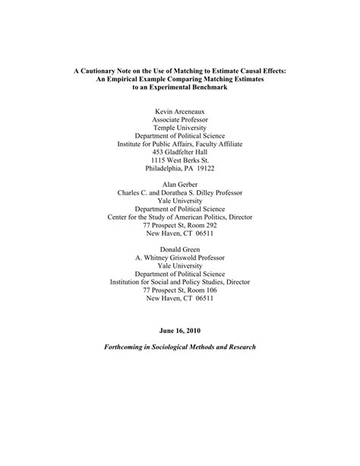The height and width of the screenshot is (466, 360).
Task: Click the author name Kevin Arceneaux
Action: coord(180,110)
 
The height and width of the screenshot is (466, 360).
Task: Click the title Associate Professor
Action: coord(180,119)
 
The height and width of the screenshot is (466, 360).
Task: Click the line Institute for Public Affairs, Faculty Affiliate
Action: coord(180,141)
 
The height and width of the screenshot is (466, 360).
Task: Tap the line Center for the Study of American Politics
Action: coord(180,215)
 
